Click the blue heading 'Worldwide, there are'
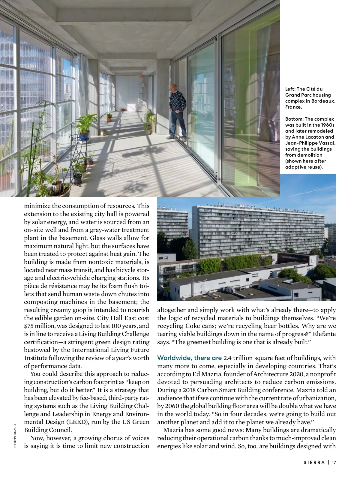click(x=189, y=358)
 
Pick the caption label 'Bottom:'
click(x=294, y=119)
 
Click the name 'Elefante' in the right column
click(x=324, y=334)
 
